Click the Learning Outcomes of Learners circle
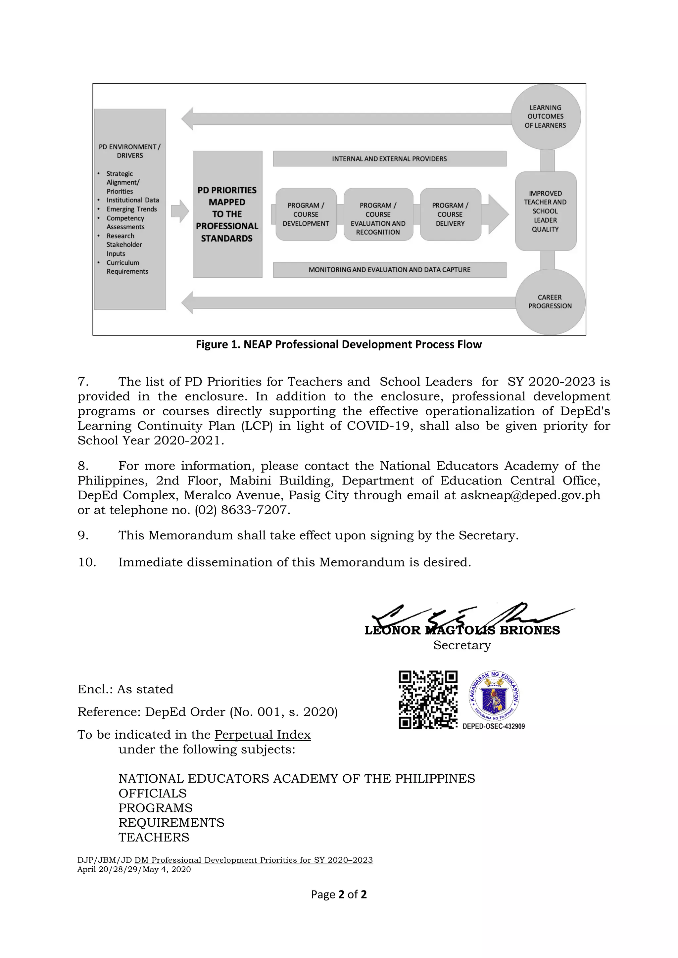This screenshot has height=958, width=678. point(545,116)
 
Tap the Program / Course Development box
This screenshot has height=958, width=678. point(306,214)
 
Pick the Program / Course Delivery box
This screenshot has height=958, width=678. point(450,214)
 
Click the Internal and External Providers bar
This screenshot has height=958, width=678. point(390,159)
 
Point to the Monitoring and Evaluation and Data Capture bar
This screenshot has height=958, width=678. point(390,270)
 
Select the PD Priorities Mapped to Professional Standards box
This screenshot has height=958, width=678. point(227,214)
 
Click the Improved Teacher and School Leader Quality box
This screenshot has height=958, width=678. point(545,211)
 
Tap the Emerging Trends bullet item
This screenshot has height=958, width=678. point(131,209)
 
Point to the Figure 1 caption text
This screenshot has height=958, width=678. point(339,344)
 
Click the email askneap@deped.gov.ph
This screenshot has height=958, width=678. point(530,495)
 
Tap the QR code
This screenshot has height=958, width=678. point(428,700)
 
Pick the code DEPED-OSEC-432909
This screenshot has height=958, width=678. point(494,726)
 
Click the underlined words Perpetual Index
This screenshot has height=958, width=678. point(263,734)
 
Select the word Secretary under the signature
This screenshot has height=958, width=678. point(462,645)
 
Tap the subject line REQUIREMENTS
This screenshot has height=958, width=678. point(171,822)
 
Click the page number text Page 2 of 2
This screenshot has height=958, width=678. point(339,894)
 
